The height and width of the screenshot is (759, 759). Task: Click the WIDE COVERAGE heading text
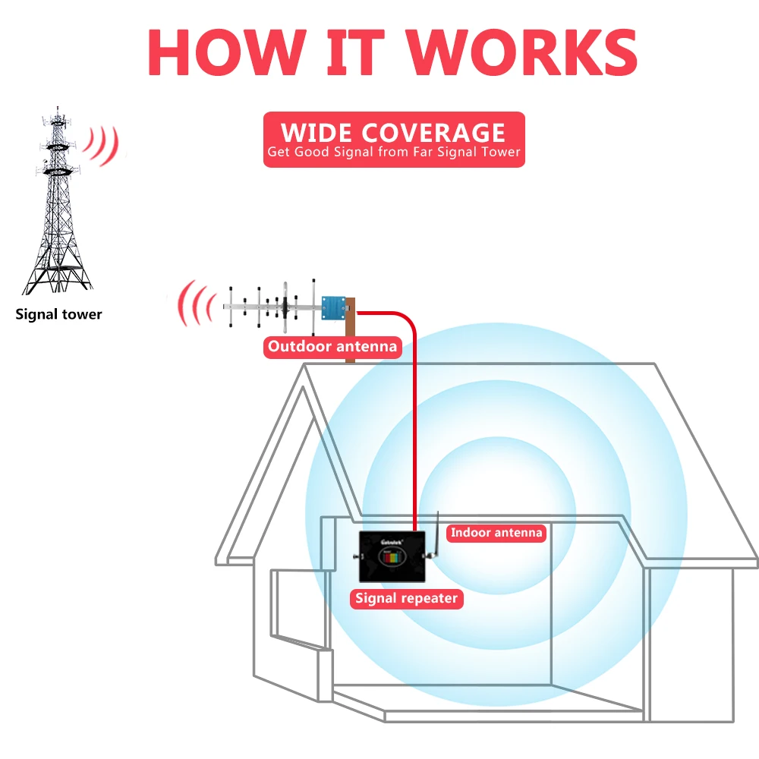(393, 132)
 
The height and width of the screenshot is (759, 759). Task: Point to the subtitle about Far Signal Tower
(393, 152)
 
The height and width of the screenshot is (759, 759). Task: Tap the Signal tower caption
(58, 314)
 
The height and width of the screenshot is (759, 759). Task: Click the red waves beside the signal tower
(103, 144)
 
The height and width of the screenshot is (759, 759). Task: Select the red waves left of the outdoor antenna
(196, 304)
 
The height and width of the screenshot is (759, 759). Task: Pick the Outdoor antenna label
(332, 347)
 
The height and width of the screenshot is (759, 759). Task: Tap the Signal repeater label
(407, 598)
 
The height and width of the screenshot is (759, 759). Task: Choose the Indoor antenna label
(496, 533)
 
